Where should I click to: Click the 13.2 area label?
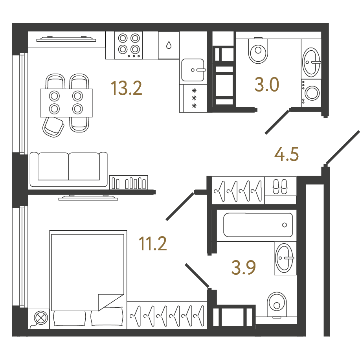coord(126,88)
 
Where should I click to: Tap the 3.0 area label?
coord(267,84)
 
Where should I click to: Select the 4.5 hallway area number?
coord(287,154)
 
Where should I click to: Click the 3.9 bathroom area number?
coord(244,268)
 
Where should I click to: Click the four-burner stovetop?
coord(129,45)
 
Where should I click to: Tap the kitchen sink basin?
coord(193,70)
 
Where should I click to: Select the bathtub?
coord(258,225)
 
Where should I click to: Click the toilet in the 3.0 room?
coord(258,50)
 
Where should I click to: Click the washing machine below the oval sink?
coord(311,93)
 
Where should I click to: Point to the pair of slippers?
coord(280,186)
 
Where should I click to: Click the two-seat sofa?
coord(69,169)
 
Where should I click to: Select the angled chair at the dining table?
coord(53,127)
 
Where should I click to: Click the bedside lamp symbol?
coord(41,318)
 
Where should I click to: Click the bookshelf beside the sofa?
coord(129,182)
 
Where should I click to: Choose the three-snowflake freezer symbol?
coord(194,98)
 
